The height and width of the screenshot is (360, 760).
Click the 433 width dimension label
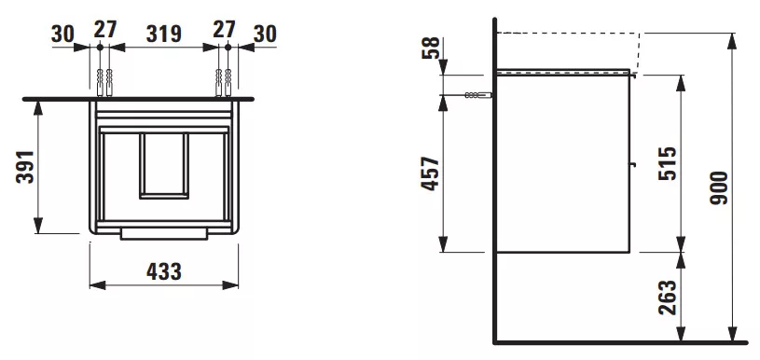pos(164,271)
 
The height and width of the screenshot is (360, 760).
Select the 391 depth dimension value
pos(26,167)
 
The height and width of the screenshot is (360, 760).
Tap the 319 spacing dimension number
pos(164,34)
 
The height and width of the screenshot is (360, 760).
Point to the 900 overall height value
pos(719,187)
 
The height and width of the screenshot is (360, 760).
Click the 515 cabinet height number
pos(667,163)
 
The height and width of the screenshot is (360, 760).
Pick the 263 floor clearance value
pos(667,298)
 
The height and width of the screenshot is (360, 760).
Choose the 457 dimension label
pos(431,173)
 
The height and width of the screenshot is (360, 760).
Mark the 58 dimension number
pos(431,48)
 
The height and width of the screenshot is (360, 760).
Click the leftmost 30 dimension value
pos(62,34)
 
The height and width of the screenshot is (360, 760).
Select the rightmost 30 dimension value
pos(265,34)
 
